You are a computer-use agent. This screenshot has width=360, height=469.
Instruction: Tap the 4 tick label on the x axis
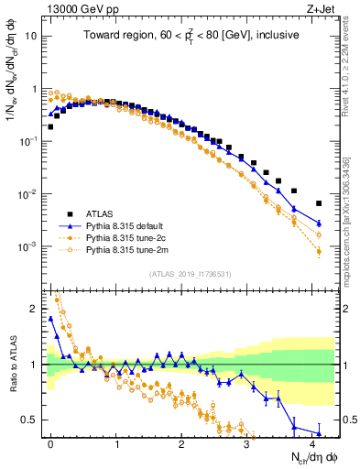coord(311,442)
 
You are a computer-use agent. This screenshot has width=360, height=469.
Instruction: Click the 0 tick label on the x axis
coord(50,442)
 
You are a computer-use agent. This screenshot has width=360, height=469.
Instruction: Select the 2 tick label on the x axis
coord(181,442)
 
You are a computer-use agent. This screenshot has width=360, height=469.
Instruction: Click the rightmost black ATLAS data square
coord(319,203)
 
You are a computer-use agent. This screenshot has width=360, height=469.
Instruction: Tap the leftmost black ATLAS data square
coord(50,126)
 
